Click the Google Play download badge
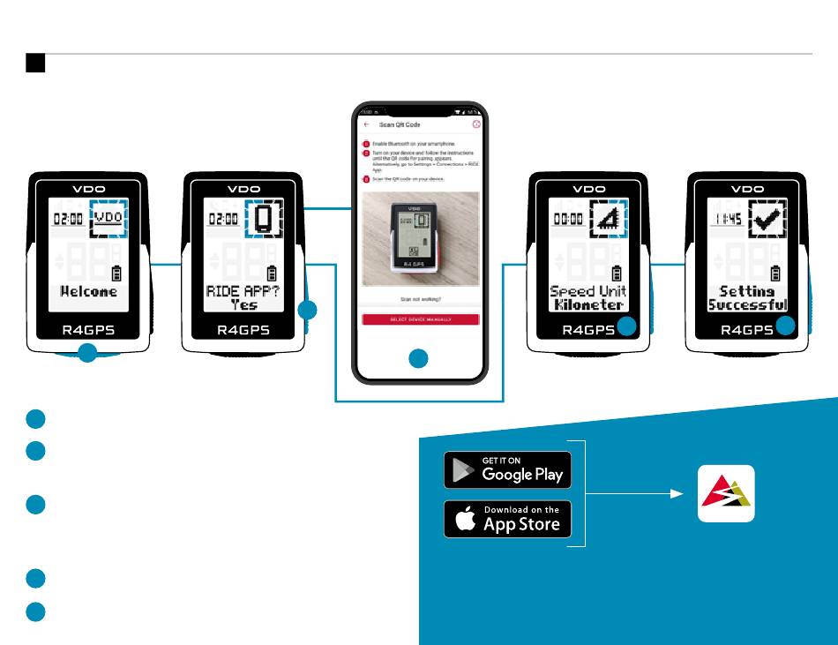pos(507,469)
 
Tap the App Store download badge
pos(507,519)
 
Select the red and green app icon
pos(726,493)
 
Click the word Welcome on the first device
pos(88,290)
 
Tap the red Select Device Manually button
pos(420,319)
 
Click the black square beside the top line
pos(35,63)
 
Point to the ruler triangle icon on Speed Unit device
pos(608,218)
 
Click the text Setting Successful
pos(747,297)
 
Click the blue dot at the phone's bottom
pos(419,358)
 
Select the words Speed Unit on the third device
pos(588,290)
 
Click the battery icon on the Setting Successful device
pos(775,273)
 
